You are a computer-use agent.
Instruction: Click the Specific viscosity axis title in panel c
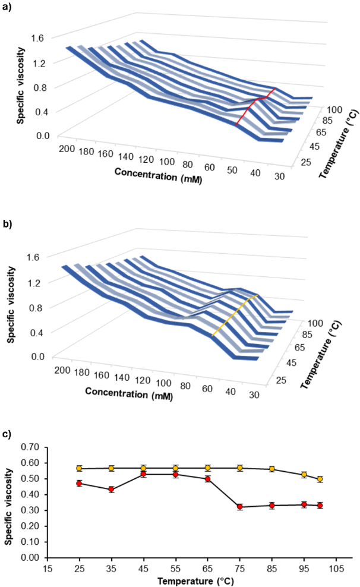point(8,502)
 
